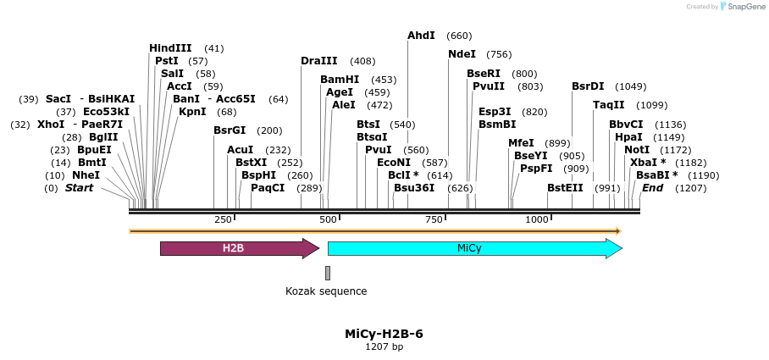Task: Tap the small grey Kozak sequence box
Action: point(328,272)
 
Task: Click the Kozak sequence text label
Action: point(326,291)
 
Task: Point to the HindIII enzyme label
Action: point(170,48)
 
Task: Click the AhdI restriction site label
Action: point(421,36)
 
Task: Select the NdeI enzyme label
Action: point(462,54)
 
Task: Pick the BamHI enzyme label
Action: point(340,80)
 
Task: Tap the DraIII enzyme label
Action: point(318,61)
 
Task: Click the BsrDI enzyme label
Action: point(588,86)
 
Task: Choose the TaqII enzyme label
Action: point(609,105)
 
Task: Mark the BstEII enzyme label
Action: point(563,188)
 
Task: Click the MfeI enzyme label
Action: point(521,143)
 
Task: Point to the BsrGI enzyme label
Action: point(230,130)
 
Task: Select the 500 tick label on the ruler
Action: point(328,220)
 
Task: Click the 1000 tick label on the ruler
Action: point(538,220)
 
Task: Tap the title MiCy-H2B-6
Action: point(384,334)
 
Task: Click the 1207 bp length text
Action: point(384,347)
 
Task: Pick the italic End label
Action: point(652,188)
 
